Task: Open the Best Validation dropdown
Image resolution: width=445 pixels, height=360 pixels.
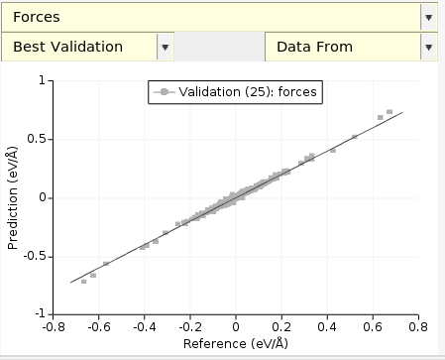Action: tap(79, 47)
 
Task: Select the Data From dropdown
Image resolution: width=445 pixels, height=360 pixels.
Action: tap(342, 47)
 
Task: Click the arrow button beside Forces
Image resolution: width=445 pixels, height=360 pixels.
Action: tap(428, 17)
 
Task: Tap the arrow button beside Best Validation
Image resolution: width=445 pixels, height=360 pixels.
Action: tap(166, 47)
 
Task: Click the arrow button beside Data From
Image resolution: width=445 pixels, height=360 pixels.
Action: tap(428, 47)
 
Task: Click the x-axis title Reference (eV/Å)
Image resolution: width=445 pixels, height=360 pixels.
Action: tap(236, 343)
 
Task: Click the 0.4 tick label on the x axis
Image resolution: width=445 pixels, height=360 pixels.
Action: tap(327, 324)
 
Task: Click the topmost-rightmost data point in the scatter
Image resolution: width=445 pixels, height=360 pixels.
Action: tap(389, 112)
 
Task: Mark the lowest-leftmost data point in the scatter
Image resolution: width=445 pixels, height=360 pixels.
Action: tap(83, 282)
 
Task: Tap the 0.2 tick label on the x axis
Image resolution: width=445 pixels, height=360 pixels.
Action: tap(281, 324)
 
